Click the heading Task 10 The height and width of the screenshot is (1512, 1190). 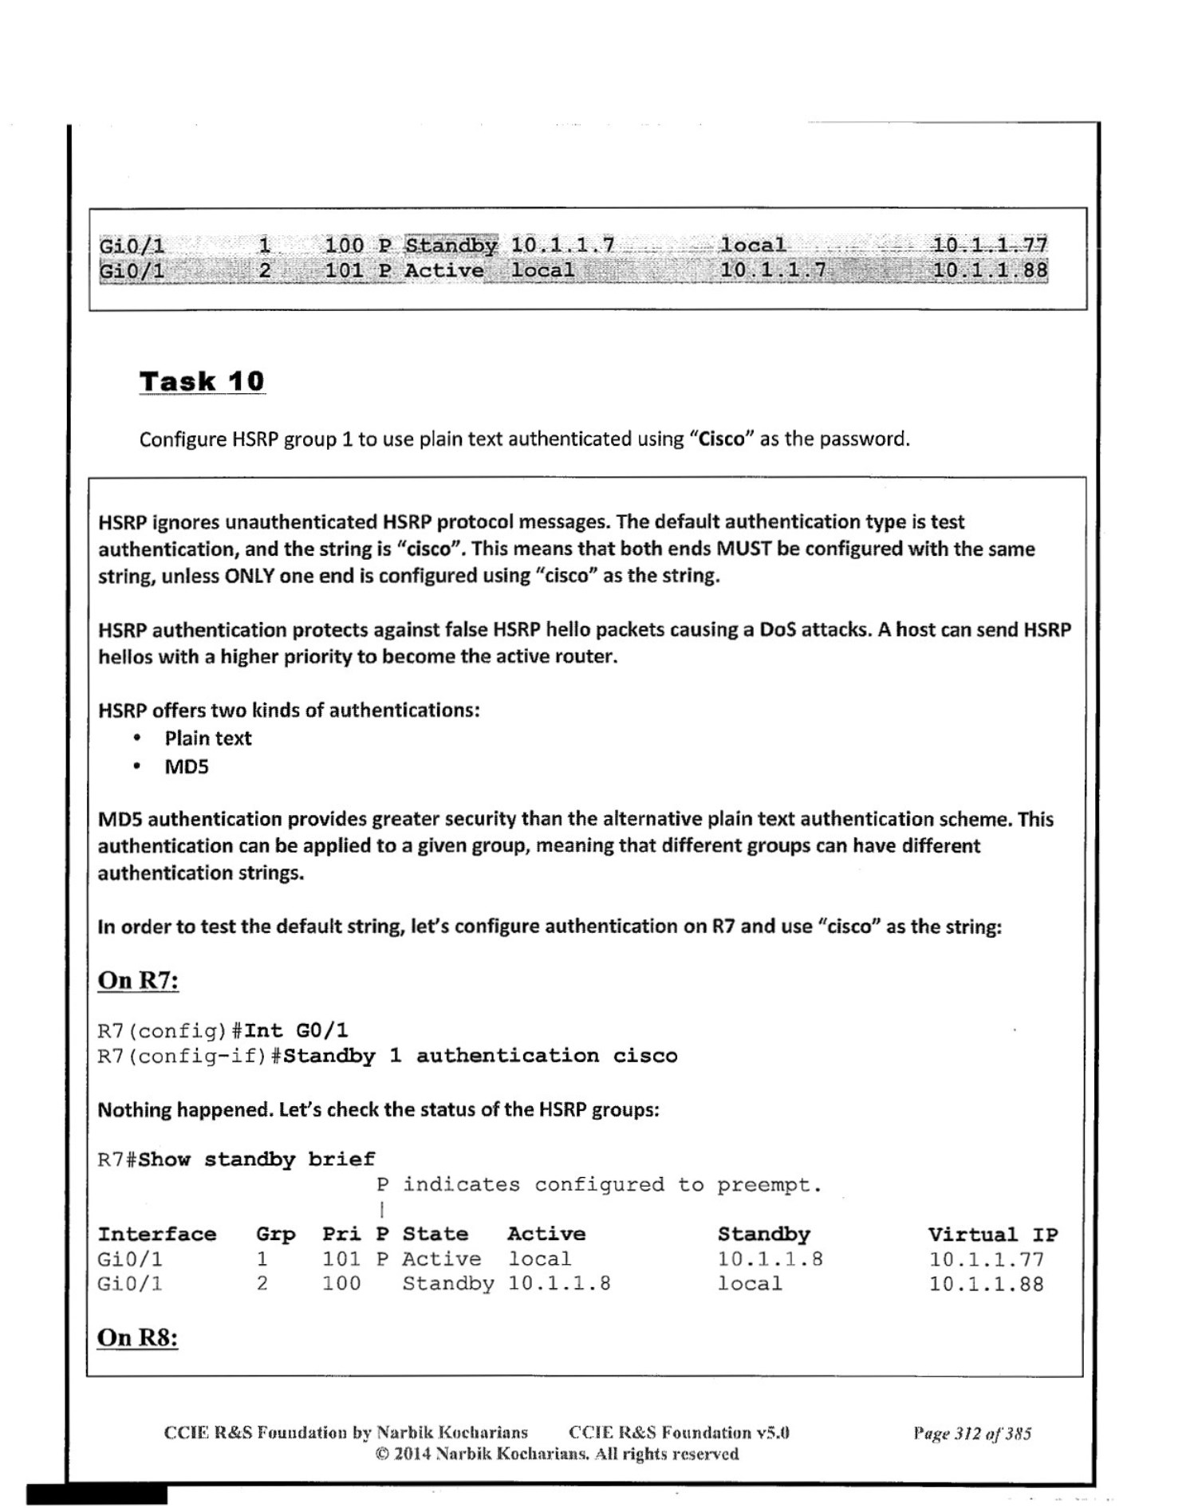tap(202, 381)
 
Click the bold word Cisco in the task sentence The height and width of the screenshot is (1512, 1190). tap(721, 439)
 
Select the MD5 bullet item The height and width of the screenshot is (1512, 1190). tap(187, 767)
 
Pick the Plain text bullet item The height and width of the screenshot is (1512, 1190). tap(207, 738)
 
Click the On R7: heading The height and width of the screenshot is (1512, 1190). tap(138, 980)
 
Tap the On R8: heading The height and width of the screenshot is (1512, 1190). tap(137, 1337)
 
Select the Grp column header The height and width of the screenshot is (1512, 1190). tap(275, 1234)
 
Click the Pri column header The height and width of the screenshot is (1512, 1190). tap(341, 1234)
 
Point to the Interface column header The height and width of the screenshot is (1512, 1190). tap(156, 1234)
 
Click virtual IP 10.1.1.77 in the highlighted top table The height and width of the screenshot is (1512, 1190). tap(990, 245)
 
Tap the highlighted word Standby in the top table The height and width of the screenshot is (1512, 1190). tap(451, 246)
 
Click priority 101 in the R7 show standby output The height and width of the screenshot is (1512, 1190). tap(341, 1259)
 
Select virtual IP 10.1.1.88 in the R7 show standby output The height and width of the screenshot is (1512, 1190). tap(986, 1284)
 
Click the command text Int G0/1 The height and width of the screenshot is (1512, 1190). tap(296, 1031)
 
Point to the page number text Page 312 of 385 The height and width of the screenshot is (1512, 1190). tap(972, 1433)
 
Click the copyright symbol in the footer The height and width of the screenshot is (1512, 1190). tap(382, 1454)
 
